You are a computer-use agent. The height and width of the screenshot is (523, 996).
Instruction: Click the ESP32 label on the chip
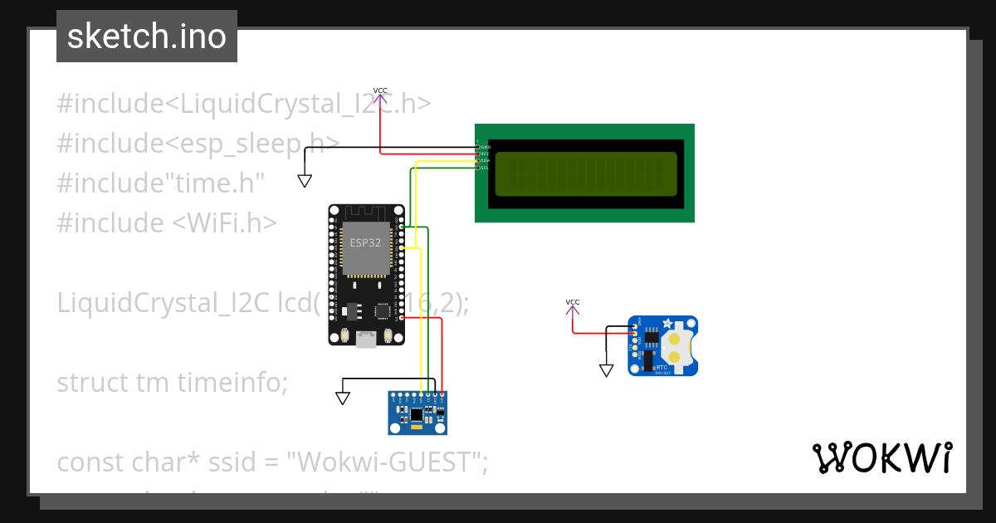[x=365, y=242]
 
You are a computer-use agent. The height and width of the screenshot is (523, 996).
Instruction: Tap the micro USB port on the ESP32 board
[x=365, y=339]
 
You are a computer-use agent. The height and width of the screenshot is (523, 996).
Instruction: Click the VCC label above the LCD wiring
[x=380, y=90]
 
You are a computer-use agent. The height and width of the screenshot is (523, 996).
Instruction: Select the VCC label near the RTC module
[x=573, y=302]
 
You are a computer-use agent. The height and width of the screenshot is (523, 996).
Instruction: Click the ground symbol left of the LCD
[x=305, y=180]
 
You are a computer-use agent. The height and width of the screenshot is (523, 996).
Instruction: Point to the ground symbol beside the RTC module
[x=607, y=370]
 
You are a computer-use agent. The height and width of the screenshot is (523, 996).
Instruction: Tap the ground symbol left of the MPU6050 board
[x=342, y=398]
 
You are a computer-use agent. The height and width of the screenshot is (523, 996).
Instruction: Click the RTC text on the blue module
[x=662, y=367]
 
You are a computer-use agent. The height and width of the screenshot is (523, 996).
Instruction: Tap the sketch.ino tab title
[x=147, y=37]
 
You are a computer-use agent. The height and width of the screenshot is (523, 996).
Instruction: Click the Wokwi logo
[x=881, y=457]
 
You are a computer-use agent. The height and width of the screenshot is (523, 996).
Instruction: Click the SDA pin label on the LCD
[x=485, y=160]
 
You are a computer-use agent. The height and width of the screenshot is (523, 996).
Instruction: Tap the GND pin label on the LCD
[x=485, y=147]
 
